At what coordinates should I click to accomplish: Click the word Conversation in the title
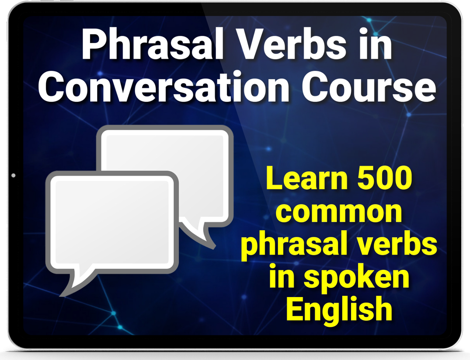point(164,87)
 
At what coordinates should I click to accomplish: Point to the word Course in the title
point(369,87)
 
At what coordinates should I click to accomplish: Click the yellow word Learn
point(307,178)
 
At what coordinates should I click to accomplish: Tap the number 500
point(385,178)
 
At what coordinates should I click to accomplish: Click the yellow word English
point(339,311)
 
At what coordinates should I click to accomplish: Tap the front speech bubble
point(112,223)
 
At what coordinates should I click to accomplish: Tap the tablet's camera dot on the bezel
point(13,175)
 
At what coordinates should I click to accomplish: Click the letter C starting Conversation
point(51,87)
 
